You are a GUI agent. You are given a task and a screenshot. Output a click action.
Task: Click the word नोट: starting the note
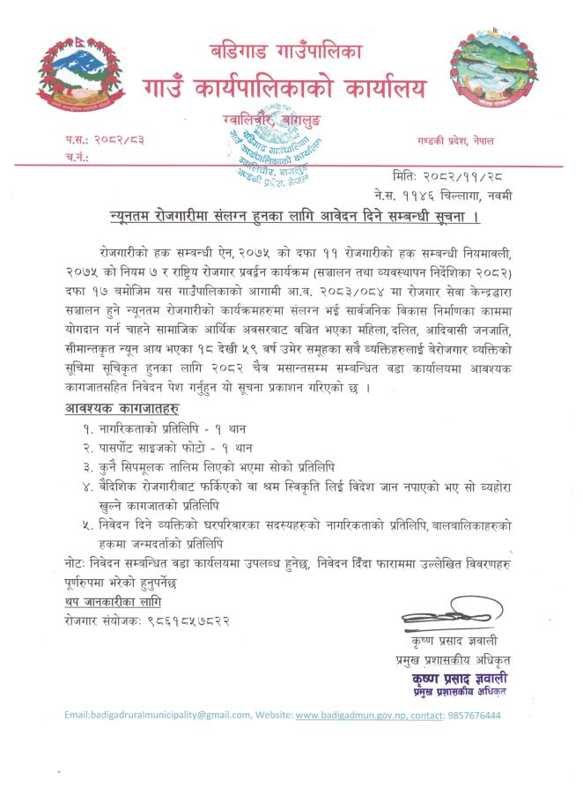pos(77,561)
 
